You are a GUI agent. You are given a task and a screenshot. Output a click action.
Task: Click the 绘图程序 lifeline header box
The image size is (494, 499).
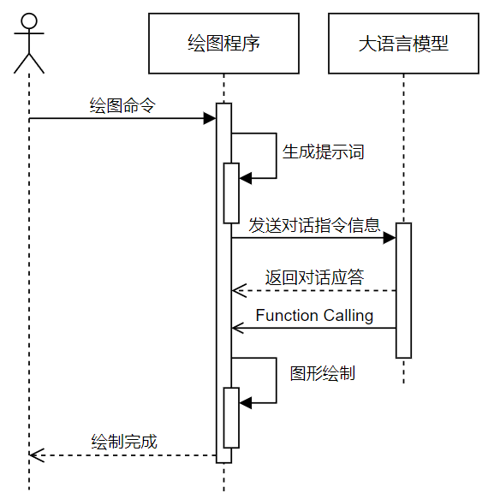[x=223, y=43]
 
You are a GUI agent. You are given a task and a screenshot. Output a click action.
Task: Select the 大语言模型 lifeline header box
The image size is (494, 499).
[x=403, y=43]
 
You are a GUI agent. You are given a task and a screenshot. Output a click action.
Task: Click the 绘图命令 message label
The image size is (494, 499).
[x=122, y=105]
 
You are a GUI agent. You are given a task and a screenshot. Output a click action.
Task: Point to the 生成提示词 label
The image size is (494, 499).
[x=323, y=151]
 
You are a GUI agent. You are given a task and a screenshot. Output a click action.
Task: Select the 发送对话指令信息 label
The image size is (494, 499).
[x=314, y=225]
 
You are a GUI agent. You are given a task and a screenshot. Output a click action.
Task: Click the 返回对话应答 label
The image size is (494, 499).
[x=314, y=277]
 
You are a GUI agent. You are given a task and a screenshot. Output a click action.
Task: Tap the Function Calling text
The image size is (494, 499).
[x=314, y=316]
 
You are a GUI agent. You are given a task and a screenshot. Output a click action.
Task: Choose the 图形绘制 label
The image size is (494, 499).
[x=322, y=373]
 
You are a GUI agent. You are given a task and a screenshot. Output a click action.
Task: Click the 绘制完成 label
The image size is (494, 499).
[x=124, y=442]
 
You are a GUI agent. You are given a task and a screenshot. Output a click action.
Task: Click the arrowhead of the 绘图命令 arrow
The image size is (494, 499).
[x=209, y=118]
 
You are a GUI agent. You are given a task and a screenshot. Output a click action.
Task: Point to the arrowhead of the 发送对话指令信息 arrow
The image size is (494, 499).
[x=389, y=237]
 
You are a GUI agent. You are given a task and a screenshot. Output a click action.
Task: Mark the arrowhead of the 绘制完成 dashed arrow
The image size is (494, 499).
[x=35, y=455]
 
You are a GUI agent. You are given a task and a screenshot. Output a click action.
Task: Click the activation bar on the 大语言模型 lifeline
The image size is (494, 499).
[x=403, y=290]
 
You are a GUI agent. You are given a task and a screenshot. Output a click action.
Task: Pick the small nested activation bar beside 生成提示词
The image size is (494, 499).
[x=231, y=193]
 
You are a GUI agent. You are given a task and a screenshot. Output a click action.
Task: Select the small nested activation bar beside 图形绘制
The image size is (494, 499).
[x=231, y=417]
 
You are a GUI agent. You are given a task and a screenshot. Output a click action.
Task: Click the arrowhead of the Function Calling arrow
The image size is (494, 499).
[x=238, y=328]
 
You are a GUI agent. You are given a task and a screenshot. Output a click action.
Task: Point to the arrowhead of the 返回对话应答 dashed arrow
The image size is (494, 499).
[x=238, y=291]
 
